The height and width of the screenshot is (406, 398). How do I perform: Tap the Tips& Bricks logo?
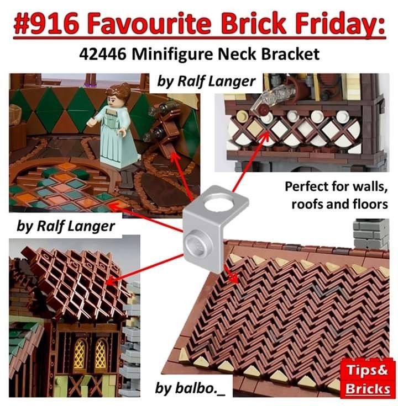[368, 380]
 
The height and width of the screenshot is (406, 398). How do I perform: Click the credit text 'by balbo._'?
[190, 388]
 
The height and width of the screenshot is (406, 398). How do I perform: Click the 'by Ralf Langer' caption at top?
[206, 81]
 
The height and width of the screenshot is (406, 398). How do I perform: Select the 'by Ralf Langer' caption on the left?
[66, 226]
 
